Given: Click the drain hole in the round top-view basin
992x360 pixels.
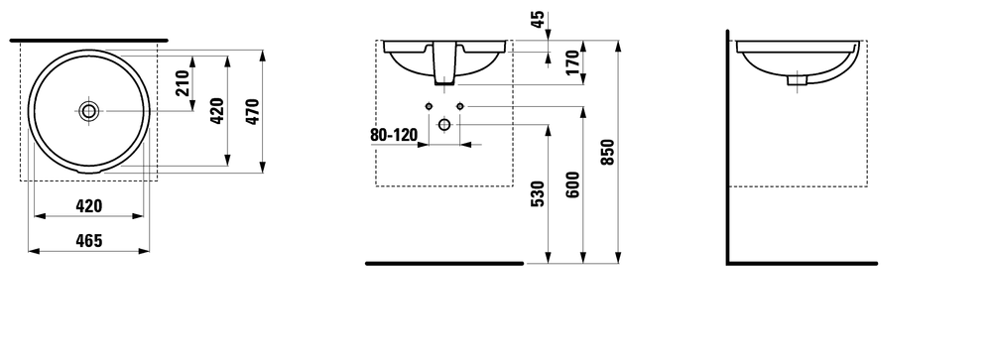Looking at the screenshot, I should (x=90, y=110).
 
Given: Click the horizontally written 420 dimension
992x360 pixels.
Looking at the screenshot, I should (x=89, y=206).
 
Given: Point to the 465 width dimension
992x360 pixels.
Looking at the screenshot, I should (x=89, y=241).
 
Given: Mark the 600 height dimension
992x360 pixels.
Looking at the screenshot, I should (x=572, y=183).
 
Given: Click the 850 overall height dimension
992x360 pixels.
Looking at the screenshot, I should (x=608, y=152).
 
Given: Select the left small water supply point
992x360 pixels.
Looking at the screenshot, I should (x=429, y=106).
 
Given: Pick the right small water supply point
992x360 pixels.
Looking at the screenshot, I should (x=460, y=106).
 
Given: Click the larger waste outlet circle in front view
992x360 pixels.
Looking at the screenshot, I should (x=444, y=124).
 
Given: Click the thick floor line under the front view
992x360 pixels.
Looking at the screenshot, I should (x=444, y=264).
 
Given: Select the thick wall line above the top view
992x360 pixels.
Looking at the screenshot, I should (x=88, y=40).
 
